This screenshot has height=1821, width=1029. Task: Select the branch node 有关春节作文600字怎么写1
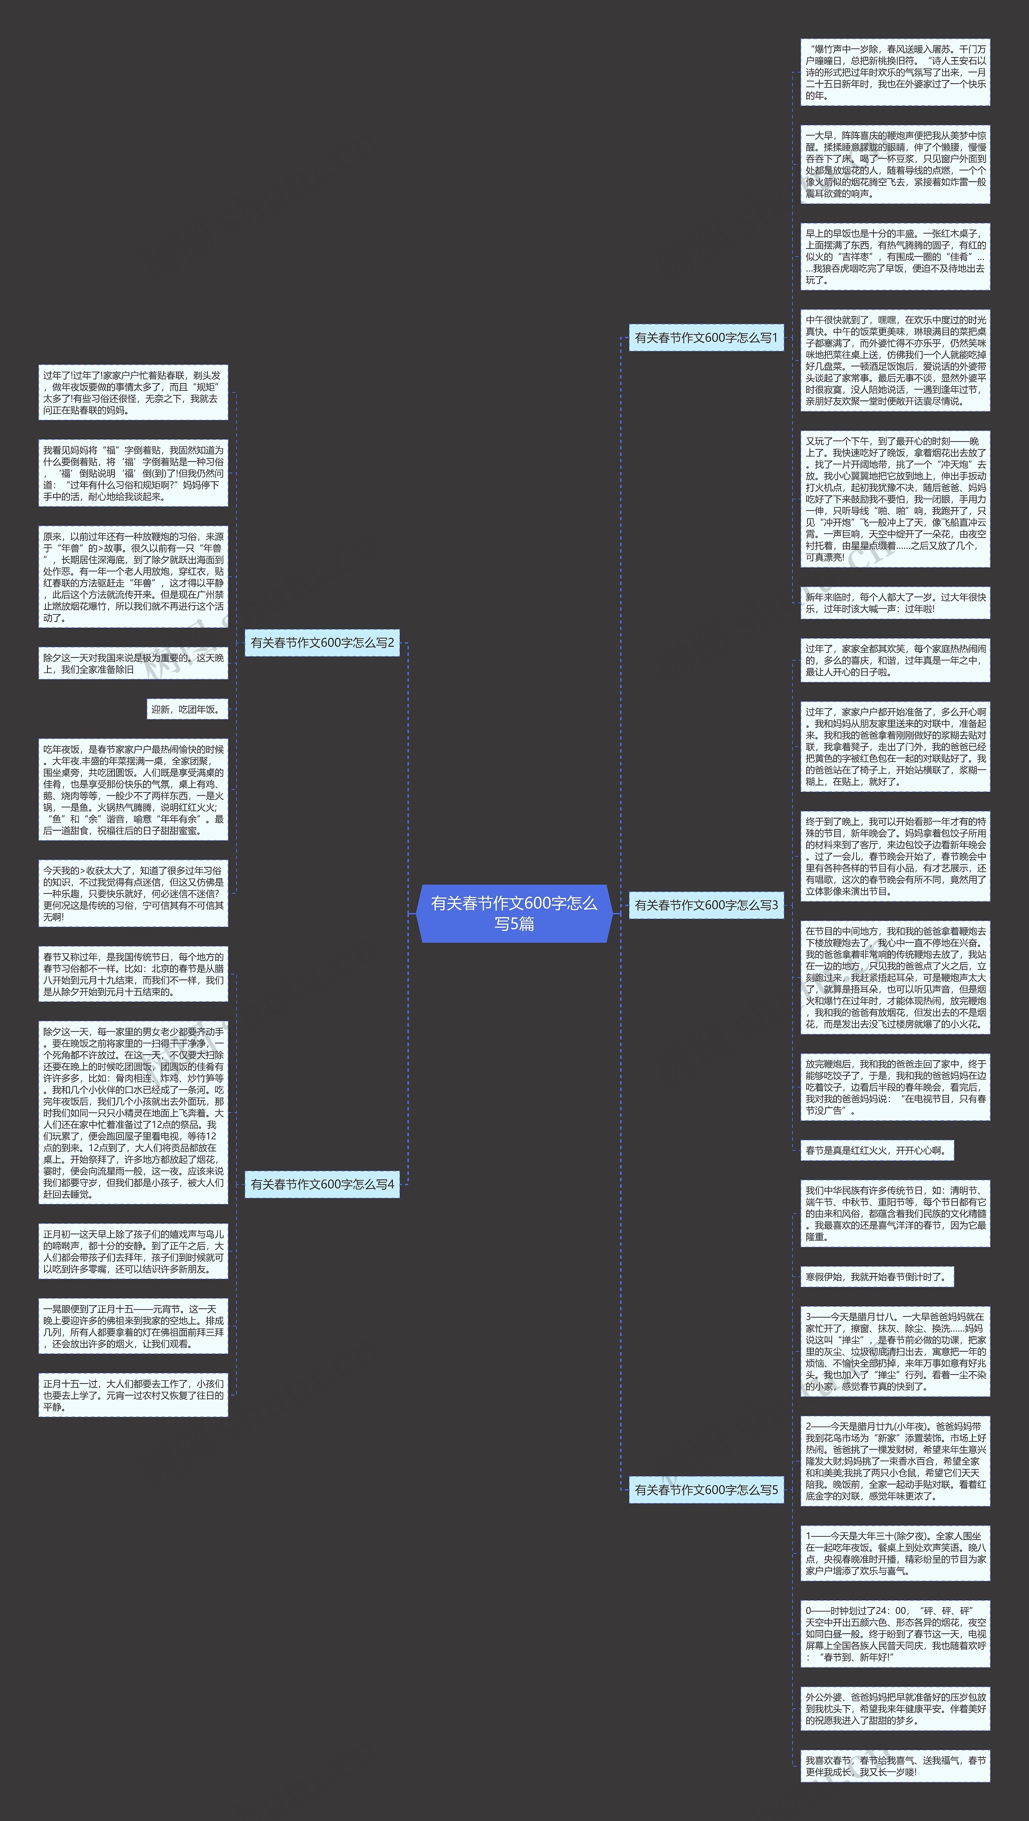click(706, 338)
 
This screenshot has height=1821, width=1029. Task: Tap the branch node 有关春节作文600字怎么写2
click(322, 643)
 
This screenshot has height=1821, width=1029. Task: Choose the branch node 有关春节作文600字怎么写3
click(706, 905)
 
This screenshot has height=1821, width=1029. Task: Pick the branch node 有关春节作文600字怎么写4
click(322, 1184)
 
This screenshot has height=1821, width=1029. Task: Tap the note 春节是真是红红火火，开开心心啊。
click(876, 1150)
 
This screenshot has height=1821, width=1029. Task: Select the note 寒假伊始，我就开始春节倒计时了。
click(876, 1277)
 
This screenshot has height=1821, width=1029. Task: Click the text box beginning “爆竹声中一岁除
click(895, 72)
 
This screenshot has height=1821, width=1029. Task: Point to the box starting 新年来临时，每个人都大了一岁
click(895, 603)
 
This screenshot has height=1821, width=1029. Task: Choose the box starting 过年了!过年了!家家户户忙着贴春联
click(133, 392)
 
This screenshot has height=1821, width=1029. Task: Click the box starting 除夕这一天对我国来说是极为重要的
click(133, 663)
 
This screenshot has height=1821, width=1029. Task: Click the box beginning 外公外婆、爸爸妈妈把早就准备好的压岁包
click(895, 1708)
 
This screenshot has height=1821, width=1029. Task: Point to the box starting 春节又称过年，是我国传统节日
click(133, 974)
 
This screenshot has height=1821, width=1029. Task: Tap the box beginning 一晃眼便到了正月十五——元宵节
click(133, 1326)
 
